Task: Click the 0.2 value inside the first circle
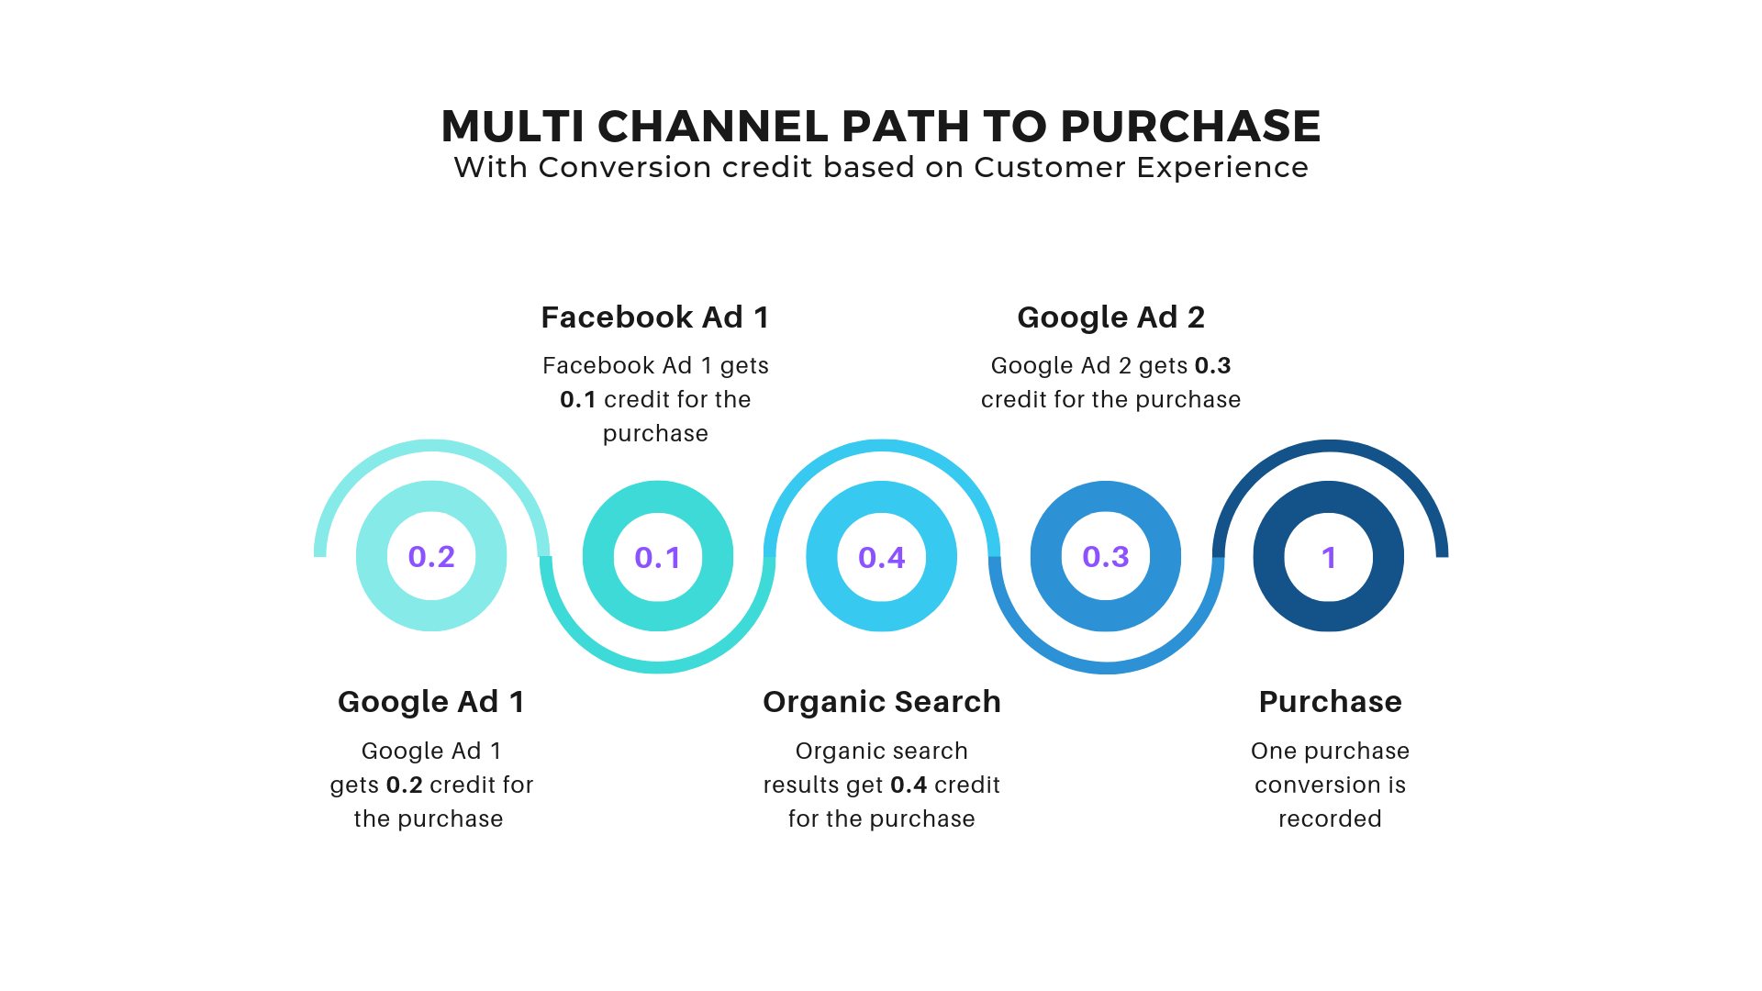click(x=431, y=556)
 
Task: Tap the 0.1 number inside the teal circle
click(x=657, y=557)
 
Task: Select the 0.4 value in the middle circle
click(x=881, y=557)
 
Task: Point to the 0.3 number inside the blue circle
click(x=1105, y=556)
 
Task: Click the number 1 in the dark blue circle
click(x=1328, y=557)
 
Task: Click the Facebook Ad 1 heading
click(x=654, y=317)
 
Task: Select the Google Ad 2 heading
click(x=1110, y=317)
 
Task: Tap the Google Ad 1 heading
click(x=430, y=702)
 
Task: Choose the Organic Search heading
click(x=881, y=702)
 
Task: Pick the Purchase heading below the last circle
click(x=1330, y=702)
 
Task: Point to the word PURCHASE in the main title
click(x=1190, y=127)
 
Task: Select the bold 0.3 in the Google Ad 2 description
click(x=1212, y=366)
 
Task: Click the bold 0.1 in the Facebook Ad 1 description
click(x=577, y=400)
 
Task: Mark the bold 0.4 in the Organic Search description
click(x=909, y=785)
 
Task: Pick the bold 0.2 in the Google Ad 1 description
click(x=404, y=785)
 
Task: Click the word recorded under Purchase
click(x=1330, y=818)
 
